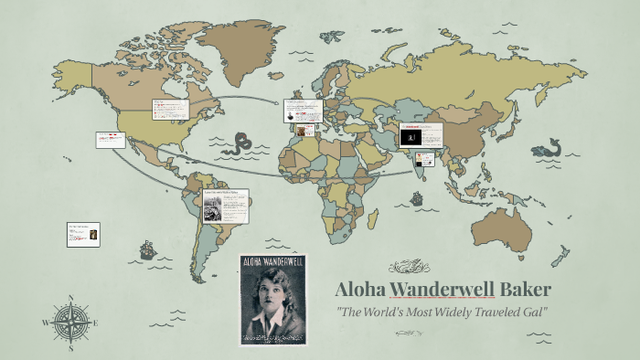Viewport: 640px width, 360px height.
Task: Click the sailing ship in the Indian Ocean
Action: pos(417,196)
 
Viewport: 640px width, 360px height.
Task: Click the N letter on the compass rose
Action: pos(70,298)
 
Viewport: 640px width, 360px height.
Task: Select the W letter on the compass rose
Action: pos(46,323)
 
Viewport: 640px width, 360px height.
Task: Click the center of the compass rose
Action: pos(70,323)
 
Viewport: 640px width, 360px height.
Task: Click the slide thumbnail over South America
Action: pos(226,206)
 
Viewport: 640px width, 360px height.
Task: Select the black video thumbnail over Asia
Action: pos(412,136)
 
